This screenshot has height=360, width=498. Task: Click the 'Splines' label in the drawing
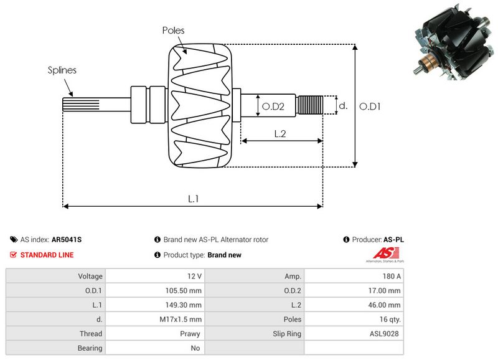62,70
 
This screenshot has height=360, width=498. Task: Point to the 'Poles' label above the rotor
173,31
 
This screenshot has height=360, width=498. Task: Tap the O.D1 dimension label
370,107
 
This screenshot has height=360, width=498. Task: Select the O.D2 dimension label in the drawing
273,107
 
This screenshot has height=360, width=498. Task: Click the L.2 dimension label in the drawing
280,133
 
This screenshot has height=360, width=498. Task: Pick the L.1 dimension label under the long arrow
194,199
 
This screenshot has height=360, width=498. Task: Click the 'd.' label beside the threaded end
342,106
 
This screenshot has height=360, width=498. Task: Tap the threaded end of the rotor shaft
310,105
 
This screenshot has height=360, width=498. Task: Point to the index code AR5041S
67,239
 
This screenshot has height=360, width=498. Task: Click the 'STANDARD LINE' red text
47,255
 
